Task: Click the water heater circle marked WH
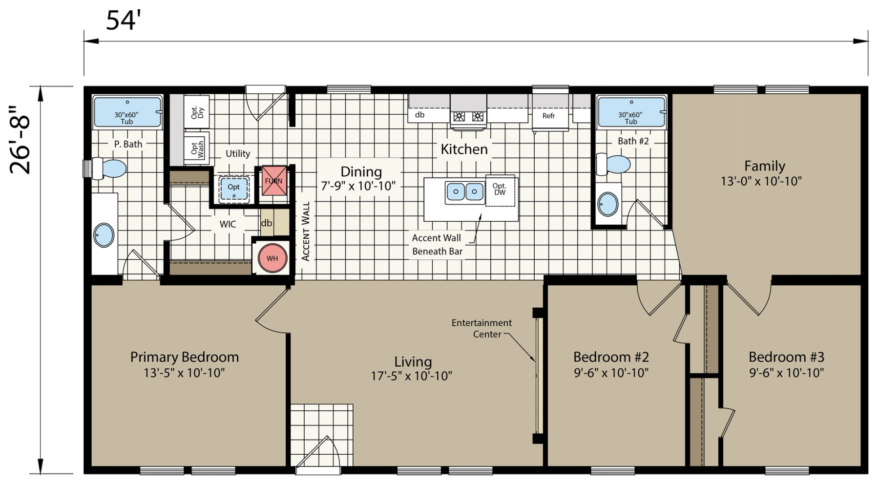click(272, 258)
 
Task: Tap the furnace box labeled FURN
click(274, 181)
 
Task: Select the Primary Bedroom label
click(185, 357)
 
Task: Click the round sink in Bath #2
click(608, 204)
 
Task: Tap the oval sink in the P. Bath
click(104, 235)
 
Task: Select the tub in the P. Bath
click(127, 112)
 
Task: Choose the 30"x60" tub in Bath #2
click(631, 112)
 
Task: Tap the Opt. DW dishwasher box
click(500, 190)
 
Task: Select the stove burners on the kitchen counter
click(468, 116)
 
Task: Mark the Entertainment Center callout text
click(481, 328)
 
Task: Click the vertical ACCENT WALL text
click(306, 231)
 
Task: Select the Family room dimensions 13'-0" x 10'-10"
click(761, 181)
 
